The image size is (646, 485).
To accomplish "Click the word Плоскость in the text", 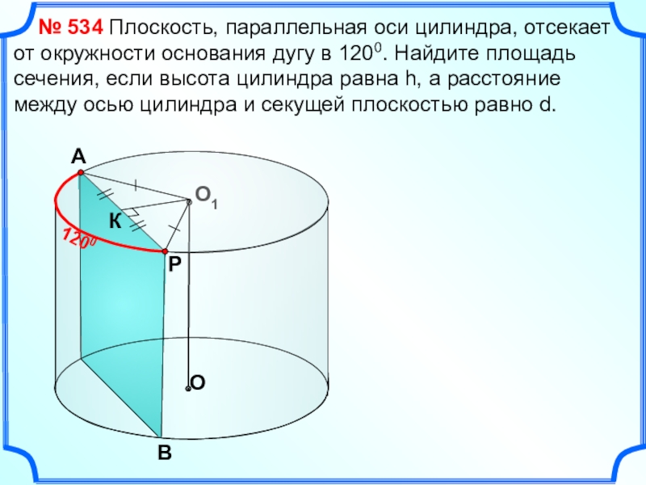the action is coord(160,30).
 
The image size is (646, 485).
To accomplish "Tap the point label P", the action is coord(175,264).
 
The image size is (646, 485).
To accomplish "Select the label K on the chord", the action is coord(115,222).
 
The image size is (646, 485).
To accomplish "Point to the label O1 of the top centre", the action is coord(207,197).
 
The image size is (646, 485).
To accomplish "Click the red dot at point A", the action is coord(81,174).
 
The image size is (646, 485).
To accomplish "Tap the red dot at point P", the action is coord(166,251).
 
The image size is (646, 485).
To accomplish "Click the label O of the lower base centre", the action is coord(199,383).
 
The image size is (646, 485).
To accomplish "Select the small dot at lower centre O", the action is coord(188,389).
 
